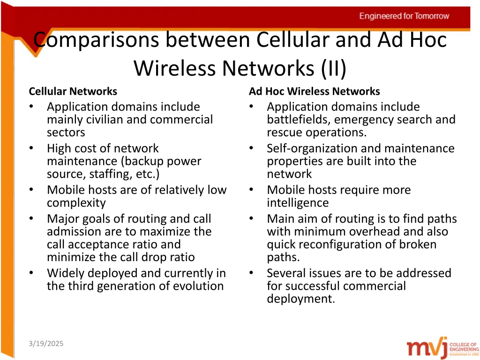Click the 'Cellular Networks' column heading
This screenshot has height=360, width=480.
[x=73, y=91]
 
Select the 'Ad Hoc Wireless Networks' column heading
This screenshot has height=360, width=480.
[x=314, y=91]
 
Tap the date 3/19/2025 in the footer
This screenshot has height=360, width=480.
[x=45, y=344]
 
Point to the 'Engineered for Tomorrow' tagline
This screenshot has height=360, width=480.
[x=404, y=16]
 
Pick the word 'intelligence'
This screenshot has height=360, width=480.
[x=298, y=203]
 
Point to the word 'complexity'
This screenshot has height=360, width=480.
[x=76, y=203]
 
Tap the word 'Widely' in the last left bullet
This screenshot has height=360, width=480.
[x=66, y=273]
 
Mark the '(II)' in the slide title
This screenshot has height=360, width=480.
[x=334, y=68]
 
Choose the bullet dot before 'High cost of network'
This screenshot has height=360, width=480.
[x=31, y=149]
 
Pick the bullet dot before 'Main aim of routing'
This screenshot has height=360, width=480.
[x=251, y=219]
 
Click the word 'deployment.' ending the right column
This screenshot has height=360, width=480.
[x=301, y=299]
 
